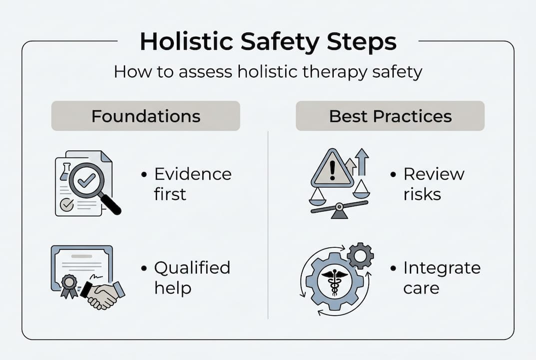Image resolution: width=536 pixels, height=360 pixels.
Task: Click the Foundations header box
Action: (x=146, y=115)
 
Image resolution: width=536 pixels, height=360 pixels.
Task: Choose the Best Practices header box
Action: (x=390, y=115)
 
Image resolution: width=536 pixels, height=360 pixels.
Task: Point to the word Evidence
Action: (x=193, y=174)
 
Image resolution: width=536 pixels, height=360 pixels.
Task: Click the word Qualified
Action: (x=192, y=267)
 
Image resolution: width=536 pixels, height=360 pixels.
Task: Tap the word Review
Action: (x=434, y=174)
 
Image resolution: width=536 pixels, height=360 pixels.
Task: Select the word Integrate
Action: (x=442, y=268)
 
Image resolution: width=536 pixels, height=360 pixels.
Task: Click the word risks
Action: (x=422, y=194)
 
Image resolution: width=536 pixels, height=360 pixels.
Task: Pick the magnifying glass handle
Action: (x=110, y=204)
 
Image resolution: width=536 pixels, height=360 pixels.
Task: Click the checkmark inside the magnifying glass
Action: (x=86, y=180)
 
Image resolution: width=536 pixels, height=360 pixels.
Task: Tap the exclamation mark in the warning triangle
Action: (x=332, y=171)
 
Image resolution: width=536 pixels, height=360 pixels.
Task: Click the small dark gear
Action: (x=360, y=256)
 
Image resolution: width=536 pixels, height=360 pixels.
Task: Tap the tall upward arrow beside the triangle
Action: (x=362, y=162)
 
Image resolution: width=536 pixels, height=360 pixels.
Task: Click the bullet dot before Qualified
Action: (x=144, y=268)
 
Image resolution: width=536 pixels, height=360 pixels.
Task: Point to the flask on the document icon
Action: (x=65, y=172)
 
